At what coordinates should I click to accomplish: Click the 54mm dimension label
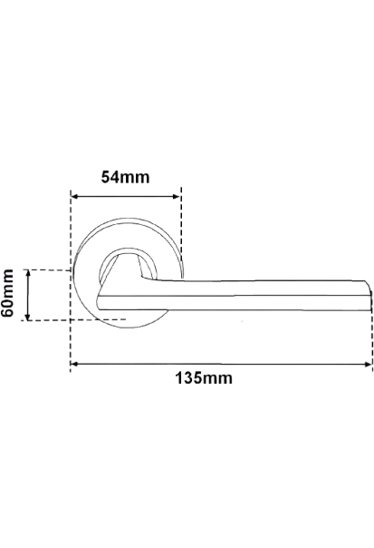[125, 177]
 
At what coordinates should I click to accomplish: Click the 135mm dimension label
[204, 378]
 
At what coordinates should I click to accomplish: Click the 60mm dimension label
[7, 293]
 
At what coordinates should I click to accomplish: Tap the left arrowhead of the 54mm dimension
[74, 196]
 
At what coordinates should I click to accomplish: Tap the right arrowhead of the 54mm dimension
[177, 196]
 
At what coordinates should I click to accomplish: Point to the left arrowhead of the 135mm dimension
[73, 364]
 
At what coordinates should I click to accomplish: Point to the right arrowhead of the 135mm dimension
[368, 364]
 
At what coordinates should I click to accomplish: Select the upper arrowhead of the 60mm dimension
[28, 273]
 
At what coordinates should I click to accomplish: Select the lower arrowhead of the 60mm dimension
[28, 317]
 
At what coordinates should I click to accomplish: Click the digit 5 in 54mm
[105, 177]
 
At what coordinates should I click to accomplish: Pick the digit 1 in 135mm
[179, 378]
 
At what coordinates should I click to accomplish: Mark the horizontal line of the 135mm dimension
[221, 364]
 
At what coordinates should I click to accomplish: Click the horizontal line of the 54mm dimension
[125, 196]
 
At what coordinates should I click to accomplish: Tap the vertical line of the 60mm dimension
[28, 295]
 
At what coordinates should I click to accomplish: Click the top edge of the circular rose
[129, 220]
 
